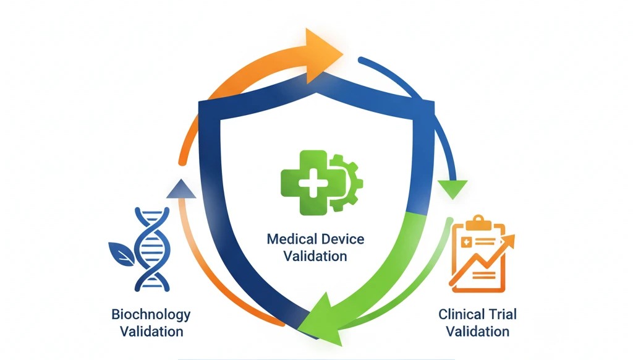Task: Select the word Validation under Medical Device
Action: pyautogui.click(x=315, y=255)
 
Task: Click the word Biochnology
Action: pyautogui.click(x=151, y=314)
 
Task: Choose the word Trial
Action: pyautogui.click(x=501, y=314)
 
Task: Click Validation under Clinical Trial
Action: pyautogui.click(x=478, y=332)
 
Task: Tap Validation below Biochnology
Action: pyautogui.click(x=151, y=332)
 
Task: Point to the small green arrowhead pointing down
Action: pyautogui.click(x=453, y=187)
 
